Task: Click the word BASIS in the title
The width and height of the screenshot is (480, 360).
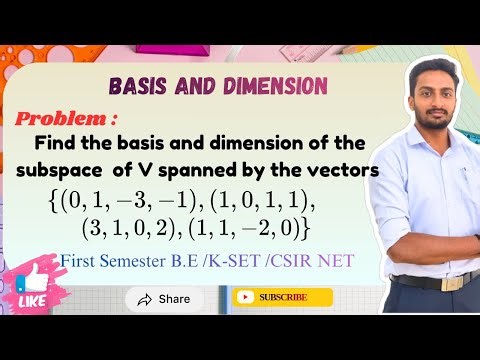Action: click(134, 85)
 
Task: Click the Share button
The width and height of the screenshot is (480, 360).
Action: click(163, 299)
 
